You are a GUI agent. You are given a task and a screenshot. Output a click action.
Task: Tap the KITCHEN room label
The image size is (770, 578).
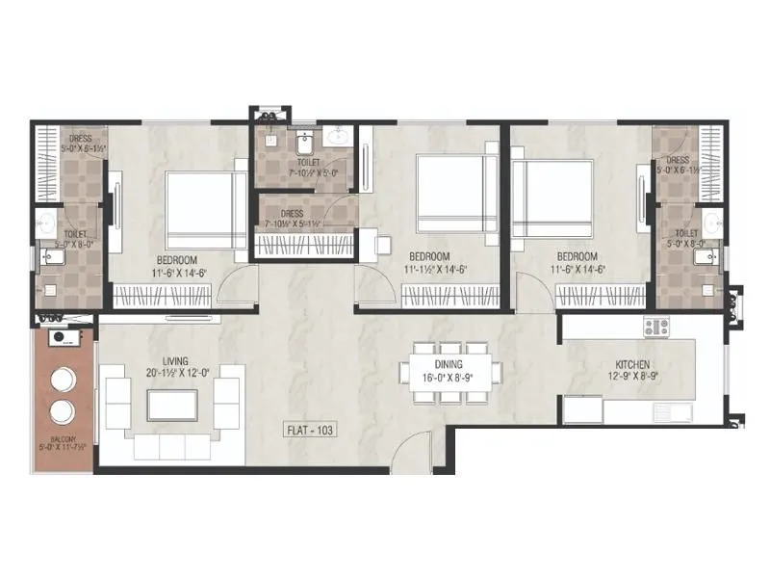coord(632,365)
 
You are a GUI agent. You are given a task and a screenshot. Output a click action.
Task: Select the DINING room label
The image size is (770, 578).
coord(448,365)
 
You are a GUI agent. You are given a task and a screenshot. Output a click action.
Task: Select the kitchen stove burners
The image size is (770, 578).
coord(656,327)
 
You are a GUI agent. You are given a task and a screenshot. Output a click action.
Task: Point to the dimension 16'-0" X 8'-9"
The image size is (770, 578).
coord(448,379)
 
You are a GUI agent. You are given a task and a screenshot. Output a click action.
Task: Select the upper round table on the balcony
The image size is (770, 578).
coord(64,378)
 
